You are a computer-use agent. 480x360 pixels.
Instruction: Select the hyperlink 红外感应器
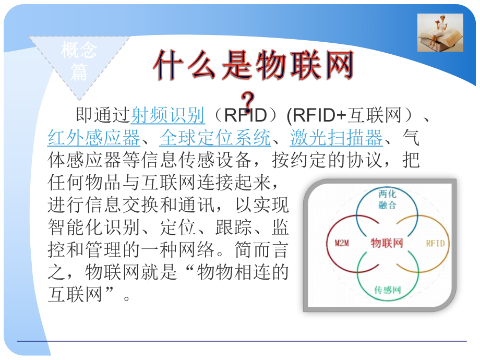coord(94,138)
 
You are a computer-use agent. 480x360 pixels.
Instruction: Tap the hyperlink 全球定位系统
coord(215,138)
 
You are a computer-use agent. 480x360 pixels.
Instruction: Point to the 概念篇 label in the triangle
coord(79,61)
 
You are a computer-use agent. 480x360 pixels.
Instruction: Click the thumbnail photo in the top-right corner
coord(440,32)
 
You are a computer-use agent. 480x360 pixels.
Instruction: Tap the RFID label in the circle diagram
coord(436,243)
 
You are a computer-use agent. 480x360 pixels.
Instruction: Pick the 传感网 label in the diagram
coord(387,290)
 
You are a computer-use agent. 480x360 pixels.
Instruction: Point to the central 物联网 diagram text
coord(387,243)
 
